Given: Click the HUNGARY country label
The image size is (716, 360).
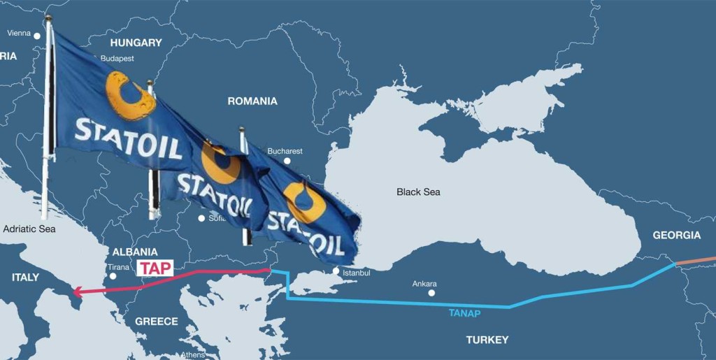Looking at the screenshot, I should (x=136, y=43).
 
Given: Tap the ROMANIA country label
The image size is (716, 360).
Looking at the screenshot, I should (x=252, y=101).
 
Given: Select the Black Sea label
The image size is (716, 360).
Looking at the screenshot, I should (x=418, y=192).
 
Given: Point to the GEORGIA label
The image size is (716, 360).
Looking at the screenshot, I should (x=676, y=236).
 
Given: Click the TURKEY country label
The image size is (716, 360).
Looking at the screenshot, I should (x=487, y=340).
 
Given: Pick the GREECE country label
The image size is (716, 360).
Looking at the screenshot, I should (x=156, y=322).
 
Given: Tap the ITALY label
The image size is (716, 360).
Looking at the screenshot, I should (x=26, y=278).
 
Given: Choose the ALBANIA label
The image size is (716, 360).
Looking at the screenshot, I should (x=134, y=252).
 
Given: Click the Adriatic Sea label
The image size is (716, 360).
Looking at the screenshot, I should (x=29, y=229).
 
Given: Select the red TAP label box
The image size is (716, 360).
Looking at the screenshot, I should (x=153, y=268).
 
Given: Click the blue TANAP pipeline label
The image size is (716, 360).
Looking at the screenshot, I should (x=464, y=313).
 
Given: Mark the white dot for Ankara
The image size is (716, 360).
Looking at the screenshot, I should (x=431, y=292).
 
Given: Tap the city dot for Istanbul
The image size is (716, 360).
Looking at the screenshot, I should (x=336, y=271).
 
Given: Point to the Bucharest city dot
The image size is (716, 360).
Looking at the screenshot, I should (x=286, y=161).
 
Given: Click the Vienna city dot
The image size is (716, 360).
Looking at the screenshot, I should (x=37, y=35).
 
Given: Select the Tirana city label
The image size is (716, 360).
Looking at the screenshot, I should (x=118, y=267).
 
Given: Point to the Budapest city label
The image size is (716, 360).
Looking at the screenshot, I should (x=117, y=59).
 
